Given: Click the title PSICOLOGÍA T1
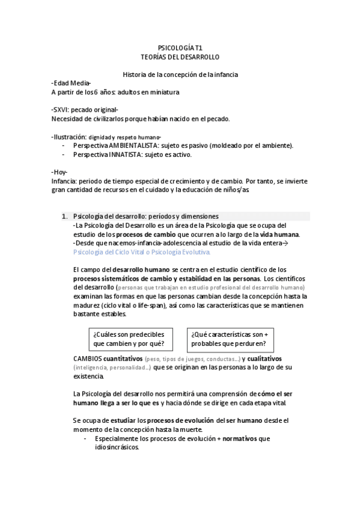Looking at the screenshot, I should point(180,46).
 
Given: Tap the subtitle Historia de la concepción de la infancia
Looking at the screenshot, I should point(180,75).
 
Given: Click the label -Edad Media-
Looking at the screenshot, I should point(71,83).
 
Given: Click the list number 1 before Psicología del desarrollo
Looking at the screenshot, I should point(65,216).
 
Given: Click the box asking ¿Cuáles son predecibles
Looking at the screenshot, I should point(129,339).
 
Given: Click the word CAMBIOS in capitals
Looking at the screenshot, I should point(87,358).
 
